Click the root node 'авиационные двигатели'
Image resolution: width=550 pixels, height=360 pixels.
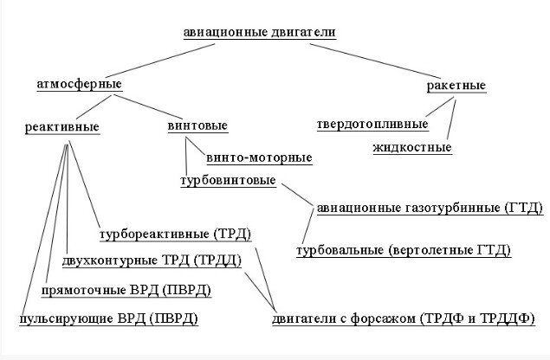(259, 33)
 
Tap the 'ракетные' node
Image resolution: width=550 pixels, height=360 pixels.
(456, 86)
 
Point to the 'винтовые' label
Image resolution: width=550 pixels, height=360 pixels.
(197, 126)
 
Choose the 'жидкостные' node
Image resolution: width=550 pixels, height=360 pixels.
(412, 147)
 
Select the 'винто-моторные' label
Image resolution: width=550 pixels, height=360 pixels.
(259, 157)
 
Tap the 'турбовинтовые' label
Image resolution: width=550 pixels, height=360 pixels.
(228, 181)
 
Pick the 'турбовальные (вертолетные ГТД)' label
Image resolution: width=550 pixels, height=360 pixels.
(404, 250)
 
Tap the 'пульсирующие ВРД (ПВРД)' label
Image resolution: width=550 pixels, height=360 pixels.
(109, 319)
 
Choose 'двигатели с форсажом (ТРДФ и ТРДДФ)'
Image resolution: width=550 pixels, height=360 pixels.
(403, 319)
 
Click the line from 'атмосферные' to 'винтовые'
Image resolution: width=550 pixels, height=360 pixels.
(147, 105)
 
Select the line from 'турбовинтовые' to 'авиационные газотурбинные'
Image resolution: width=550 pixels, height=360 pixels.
(294, 195)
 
